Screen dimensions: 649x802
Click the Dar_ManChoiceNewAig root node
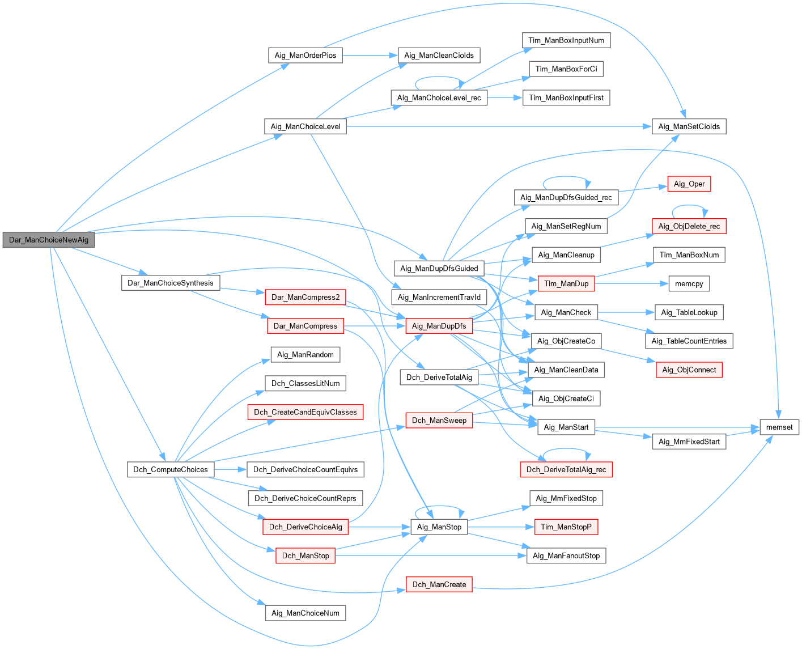49,240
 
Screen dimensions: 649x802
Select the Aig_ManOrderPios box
305,55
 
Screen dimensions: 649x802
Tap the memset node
779,427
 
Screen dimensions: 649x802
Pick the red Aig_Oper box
689,184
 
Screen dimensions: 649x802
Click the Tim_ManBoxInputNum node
566,40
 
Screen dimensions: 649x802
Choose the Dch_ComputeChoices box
171,469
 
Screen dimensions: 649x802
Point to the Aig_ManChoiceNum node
305,613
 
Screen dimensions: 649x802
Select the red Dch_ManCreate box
439,584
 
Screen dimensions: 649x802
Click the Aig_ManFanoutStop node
566,555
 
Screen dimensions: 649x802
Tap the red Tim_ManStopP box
566,527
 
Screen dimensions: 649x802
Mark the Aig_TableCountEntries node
689,341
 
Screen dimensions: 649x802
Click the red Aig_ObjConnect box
689,370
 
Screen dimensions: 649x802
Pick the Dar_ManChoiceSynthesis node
171,283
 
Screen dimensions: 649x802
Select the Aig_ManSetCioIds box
689,126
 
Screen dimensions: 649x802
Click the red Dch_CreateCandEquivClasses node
305,412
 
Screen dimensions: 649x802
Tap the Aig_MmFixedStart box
689,442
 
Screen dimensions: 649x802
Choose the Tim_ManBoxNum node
689,254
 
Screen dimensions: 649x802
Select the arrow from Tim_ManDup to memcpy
628,283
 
